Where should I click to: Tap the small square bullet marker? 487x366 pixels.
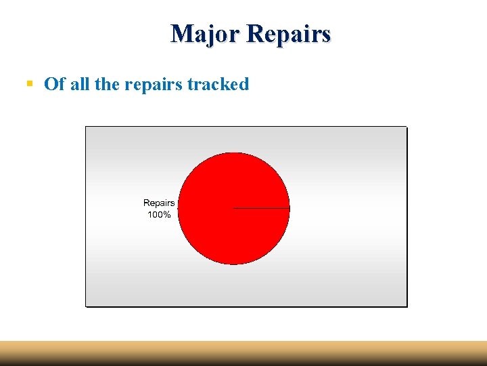click(x=29, y=84)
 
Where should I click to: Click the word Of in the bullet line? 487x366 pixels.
click(x=54, y=84)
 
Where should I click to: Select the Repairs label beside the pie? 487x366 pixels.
click(x=159, y=203)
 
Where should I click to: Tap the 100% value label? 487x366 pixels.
click(x=159, y=215)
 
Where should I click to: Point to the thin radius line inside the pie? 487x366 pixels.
click(x=262, y=208)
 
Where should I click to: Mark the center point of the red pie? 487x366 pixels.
click(x=233, y=208)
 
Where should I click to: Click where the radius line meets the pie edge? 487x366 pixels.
click(x=289, y=208)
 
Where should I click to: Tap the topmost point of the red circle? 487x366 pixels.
click(x=233, y=152)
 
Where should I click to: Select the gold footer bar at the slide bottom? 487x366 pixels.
click(x=243, y=353)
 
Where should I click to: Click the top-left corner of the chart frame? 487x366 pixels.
click(x=86, y=127)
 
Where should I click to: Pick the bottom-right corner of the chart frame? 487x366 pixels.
click(x=407, y=306)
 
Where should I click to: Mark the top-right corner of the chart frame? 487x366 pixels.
click(x=407, y=127)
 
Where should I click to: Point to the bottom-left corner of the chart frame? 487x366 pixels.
click(x=86, y=306)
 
